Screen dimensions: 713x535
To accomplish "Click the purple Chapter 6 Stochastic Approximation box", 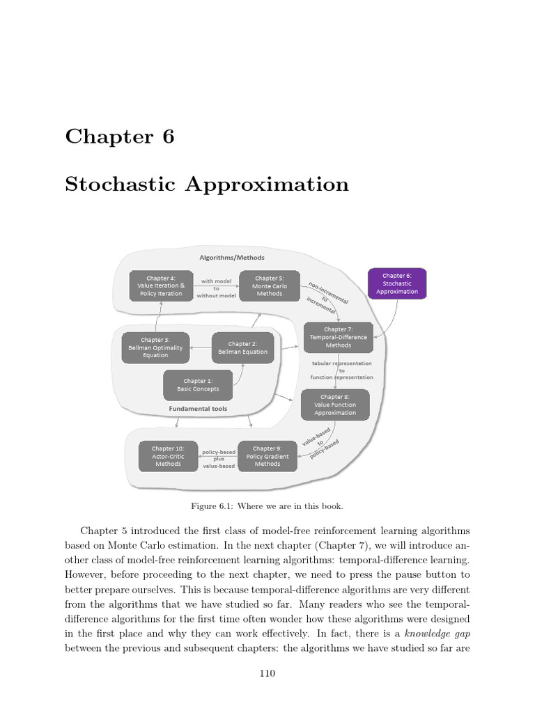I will click(x=397, y=283).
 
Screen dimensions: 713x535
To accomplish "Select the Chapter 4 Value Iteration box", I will click(x=161, y=285).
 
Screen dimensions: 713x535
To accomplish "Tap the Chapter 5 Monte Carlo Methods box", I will click(x=270, y=285).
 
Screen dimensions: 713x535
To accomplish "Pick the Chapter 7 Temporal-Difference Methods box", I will click(x=339, y=337).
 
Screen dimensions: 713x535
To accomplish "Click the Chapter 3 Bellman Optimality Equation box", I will click(x=155, y=347).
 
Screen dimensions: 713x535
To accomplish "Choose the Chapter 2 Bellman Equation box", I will click(x=242, y=347).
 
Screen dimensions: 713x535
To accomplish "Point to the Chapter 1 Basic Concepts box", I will click(x=197, y=385).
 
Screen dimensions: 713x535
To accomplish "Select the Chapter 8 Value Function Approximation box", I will click(x=335, y=405).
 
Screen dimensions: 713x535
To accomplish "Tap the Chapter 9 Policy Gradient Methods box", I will click(x=267, y=456).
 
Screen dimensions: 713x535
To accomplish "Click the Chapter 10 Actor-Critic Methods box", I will click(x=168, y=456).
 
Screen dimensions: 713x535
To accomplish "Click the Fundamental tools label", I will click(x=198, y=409).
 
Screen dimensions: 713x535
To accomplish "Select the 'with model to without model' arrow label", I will click(x=216, y=288).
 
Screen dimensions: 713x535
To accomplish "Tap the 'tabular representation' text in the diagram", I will click(x=341, y=363).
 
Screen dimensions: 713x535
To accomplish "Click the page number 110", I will click(x=267, y=673).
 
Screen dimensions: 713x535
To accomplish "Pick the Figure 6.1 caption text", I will click(x=267, y=506).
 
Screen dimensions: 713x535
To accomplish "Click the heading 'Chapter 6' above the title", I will click(x=119, y=136).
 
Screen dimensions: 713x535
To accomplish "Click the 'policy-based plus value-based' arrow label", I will click(x=219, y=459).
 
